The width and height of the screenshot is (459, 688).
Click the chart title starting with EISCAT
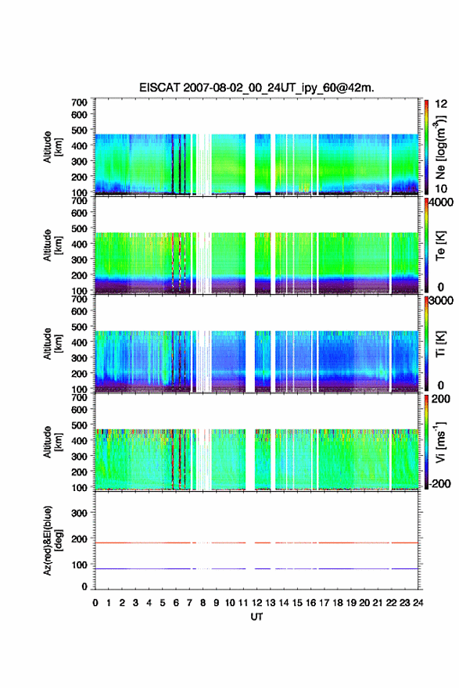(x=256, y=88)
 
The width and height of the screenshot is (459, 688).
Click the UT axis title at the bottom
(x=256, y=617)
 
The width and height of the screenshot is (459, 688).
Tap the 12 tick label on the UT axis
(x=256, y=603)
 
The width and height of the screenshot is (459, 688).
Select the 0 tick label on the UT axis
(x=95, y=603)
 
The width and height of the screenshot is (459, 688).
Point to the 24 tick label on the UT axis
(x=418, y=603)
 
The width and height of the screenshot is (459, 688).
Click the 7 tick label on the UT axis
(x=189, y=603)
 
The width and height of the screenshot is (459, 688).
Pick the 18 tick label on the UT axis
(x=338, y=603)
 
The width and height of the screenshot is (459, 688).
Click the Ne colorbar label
(x=440, y=147)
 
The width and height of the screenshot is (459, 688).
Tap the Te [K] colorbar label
(x=440, y=245)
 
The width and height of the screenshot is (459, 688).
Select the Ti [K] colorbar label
(x=440, y=343)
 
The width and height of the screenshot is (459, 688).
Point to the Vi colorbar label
(x=440, y=442)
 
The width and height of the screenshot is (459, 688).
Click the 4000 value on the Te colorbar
(x=442, y=202)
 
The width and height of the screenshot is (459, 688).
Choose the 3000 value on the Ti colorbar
(x=442, y=300)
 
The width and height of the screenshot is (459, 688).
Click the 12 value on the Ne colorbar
(x=442, y=104)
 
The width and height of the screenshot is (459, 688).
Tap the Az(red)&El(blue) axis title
(x=52, y=540)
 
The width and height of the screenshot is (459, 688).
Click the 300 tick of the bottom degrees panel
(x=79, y=513)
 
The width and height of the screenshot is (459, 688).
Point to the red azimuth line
(x=256, y=543)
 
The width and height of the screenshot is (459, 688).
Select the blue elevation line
(x=256, y=568)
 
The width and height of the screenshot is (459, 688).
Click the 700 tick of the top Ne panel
(x=79, y=102)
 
